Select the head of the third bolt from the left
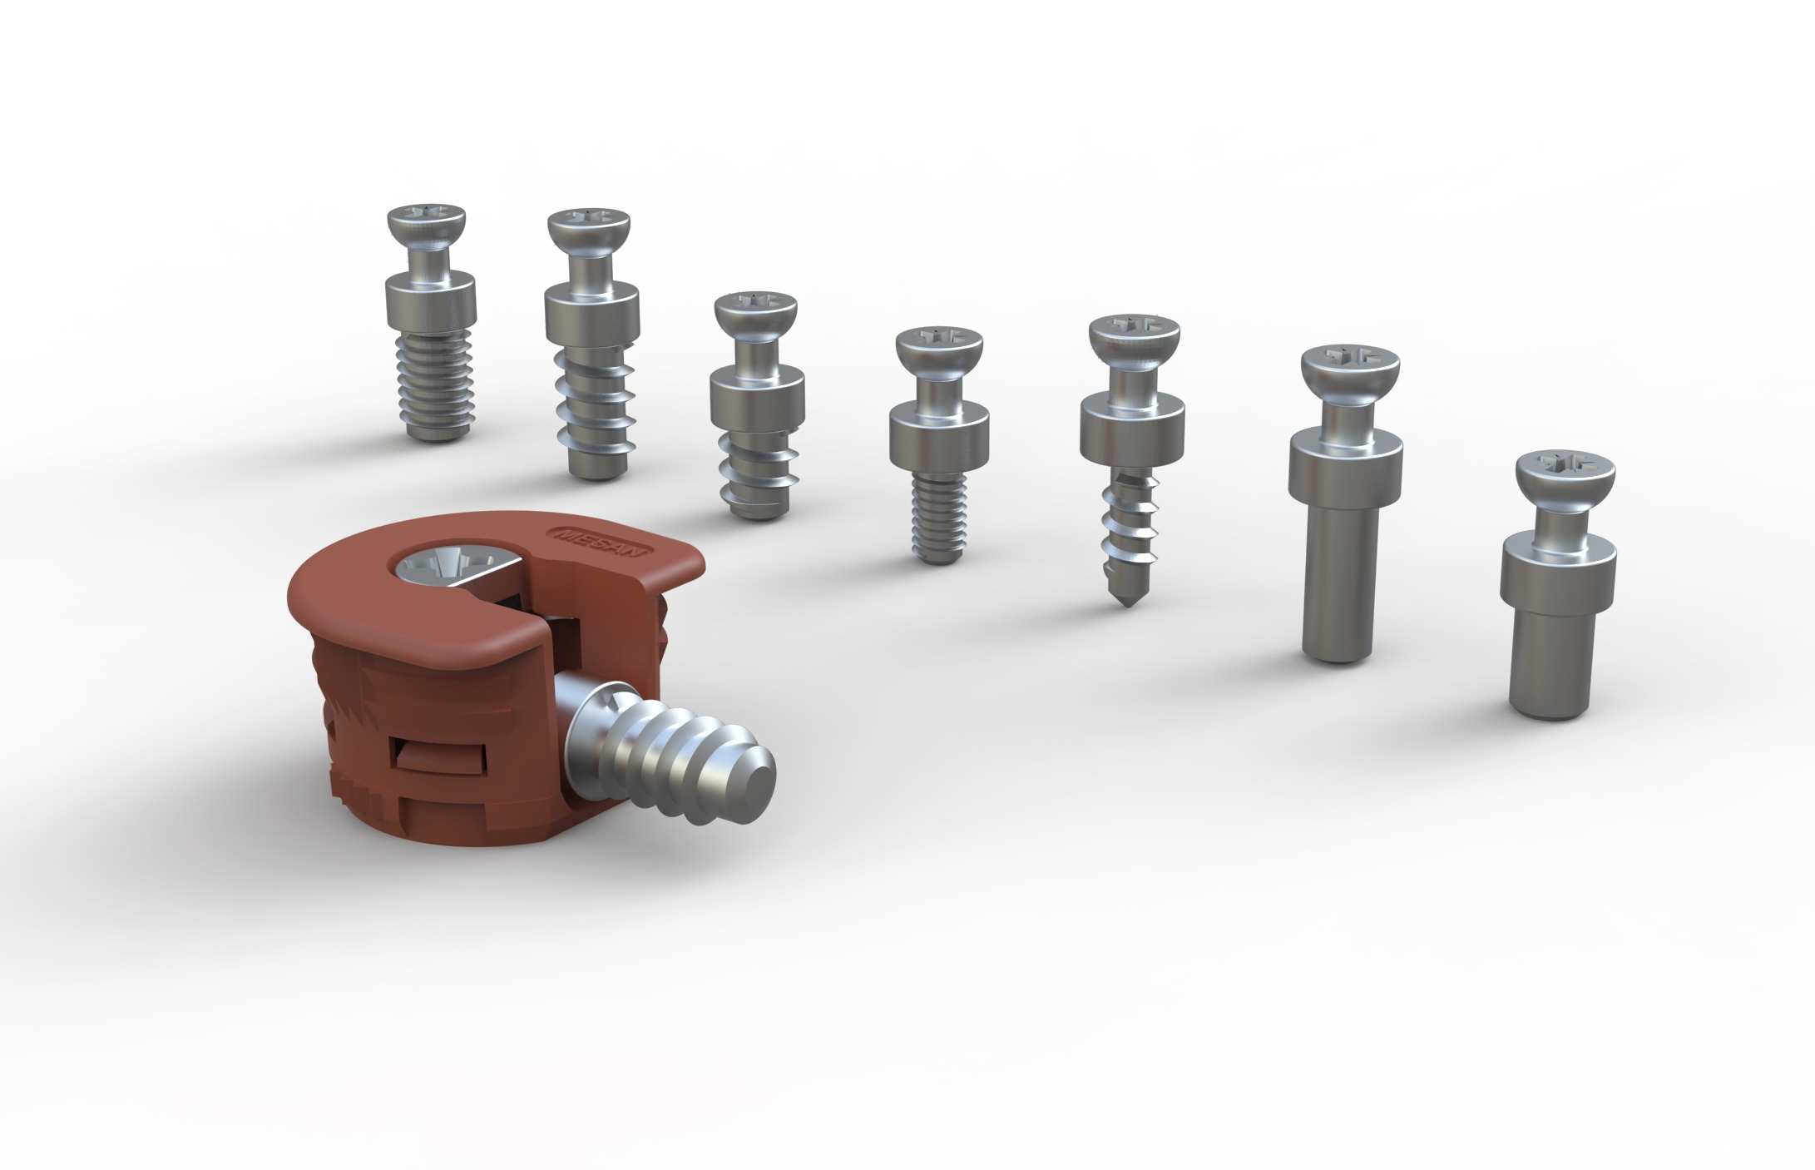click(x=755, y=312)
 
